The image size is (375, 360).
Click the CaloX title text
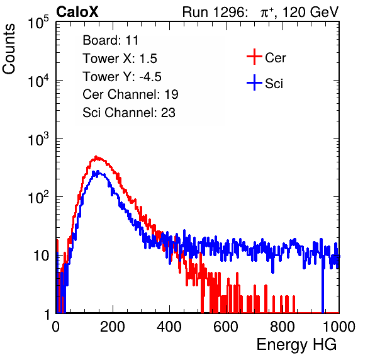(77, 12)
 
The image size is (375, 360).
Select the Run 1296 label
(215, 12)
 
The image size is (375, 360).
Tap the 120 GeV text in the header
(310, 12)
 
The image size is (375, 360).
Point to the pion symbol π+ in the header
(267, 12)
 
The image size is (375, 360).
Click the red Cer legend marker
(254, 57)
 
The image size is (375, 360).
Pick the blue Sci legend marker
(254, 82)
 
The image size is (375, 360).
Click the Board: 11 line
(111, 40)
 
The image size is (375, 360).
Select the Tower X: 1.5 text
(120, 59)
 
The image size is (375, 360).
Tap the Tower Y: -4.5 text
(122, 77)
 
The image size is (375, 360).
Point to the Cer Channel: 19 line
(130, 94)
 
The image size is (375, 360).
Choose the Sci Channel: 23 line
(129, 113)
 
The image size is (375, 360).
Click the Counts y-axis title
(9, 49)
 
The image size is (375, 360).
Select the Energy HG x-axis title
(296, 344)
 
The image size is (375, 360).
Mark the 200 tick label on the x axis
(113, 327)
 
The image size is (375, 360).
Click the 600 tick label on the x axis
(226, 327)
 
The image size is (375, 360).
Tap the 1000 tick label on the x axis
(339, 327)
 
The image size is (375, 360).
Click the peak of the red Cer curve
(96, 157)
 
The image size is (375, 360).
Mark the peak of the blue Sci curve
(97, 171)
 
